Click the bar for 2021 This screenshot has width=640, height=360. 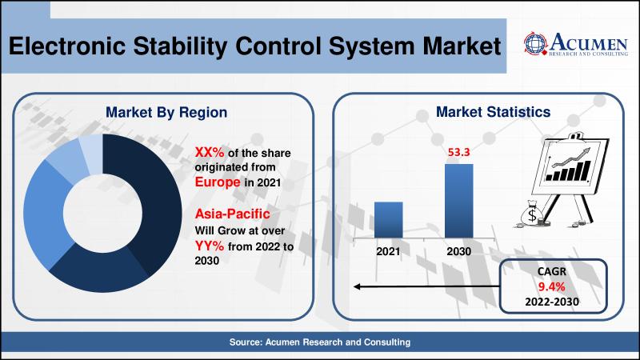pyautogui.click(x=388, y=220)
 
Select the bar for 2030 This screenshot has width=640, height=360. pyautogui.click(x=458, y=201)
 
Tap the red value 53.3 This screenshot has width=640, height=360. pyautogui.click(x=458, y=152)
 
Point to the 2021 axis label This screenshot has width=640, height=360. pyautogui.click(x=388, y=251)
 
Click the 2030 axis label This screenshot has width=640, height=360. pyautogui.click(x=458, y=251)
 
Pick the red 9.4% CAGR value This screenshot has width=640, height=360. pyautogui.click(x=551, y=286)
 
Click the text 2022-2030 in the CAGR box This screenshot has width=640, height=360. pyautogui.click(x=552, y=302)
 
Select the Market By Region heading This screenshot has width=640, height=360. pyautogui.click(x=166, y=113)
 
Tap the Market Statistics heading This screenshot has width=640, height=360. pyautogui.click(x=493, y=112)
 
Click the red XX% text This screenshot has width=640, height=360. pyautogui.click(x=210, y=153)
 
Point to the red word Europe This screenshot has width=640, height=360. pyautogui.click(x=218, y=182)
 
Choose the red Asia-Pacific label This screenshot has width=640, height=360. pyautogui.click(x=232, y=214)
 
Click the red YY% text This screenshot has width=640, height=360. pyautogui.click(x=210, y=246)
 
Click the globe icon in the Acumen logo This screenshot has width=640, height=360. pyautogui.click(x=535, y=44)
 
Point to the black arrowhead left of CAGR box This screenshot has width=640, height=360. pyautogui.click(x=357, y=286)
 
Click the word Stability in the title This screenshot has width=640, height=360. pyautogui.click(x=180, y=46)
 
